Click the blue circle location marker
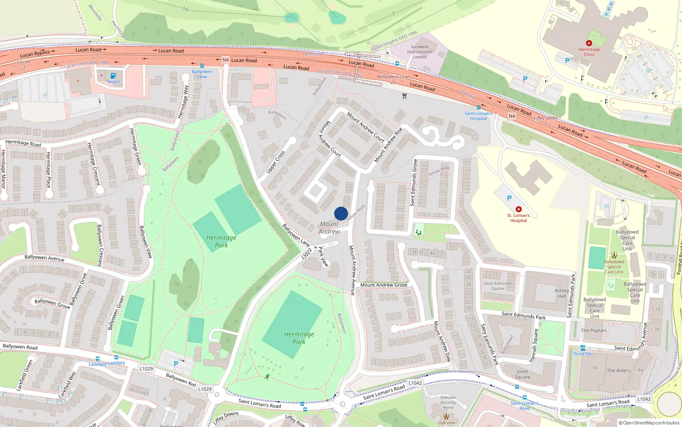[x=341, y=213]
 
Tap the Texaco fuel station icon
[x=113, y=76]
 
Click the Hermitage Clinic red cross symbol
[x=589, y=43]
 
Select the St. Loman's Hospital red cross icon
[x=518, y=209]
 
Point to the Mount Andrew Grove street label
[x=384, y=285]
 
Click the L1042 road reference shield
[x=415, y=383]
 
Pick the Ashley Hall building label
[x=562, y=293]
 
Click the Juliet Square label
[x=523, y=374]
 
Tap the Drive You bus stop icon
[x=583, y=348]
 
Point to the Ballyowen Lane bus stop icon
[x=202, y=66]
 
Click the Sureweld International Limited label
[x=419, y=52]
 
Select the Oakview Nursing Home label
[x=448, y=402]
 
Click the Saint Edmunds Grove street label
[x=413, y=183]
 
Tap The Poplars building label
[x=594, y=330]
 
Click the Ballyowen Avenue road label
[x=44, y=258]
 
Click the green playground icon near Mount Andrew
[x=419, y=232]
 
